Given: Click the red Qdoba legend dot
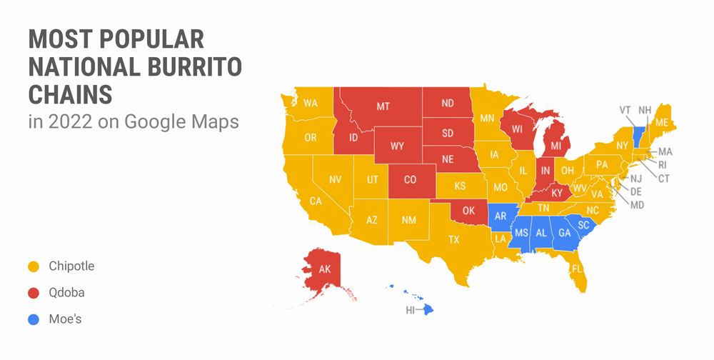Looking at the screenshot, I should (x=33, y=293).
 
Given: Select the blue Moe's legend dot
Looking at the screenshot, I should (x=33, y=319).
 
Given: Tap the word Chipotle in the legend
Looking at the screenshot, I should (x=71, y=266).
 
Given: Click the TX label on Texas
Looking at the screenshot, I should (x=453, y=240).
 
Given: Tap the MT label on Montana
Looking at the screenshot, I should (x=383, y=106).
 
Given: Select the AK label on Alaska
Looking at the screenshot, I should (x=324, y=270).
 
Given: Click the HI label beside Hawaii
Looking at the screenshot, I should (x=411, y=310).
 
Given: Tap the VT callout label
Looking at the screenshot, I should (x=625, y=110).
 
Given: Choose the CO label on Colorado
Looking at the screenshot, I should (x=410, y=180).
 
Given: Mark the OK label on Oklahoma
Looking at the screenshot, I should (x=468, y=211).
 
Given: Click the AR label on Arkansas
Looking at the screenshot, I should (x=501, y=216).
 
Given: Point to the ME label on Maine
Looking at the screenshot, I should (x=662, y=122).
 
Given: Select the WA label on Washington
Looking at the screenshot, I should (x=310, y=103).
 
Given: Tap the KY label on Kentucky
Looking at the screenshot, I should (x=557, y=193).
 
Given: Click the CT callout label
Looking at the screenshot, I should (x=664, y=178).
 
